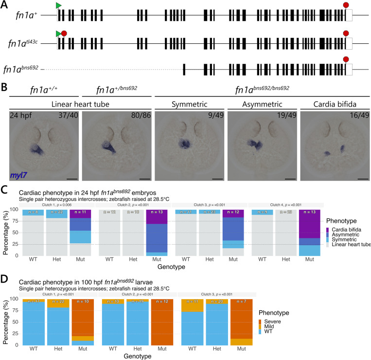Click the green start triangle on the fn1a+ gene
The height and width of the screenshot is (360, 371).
(59, 5)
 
